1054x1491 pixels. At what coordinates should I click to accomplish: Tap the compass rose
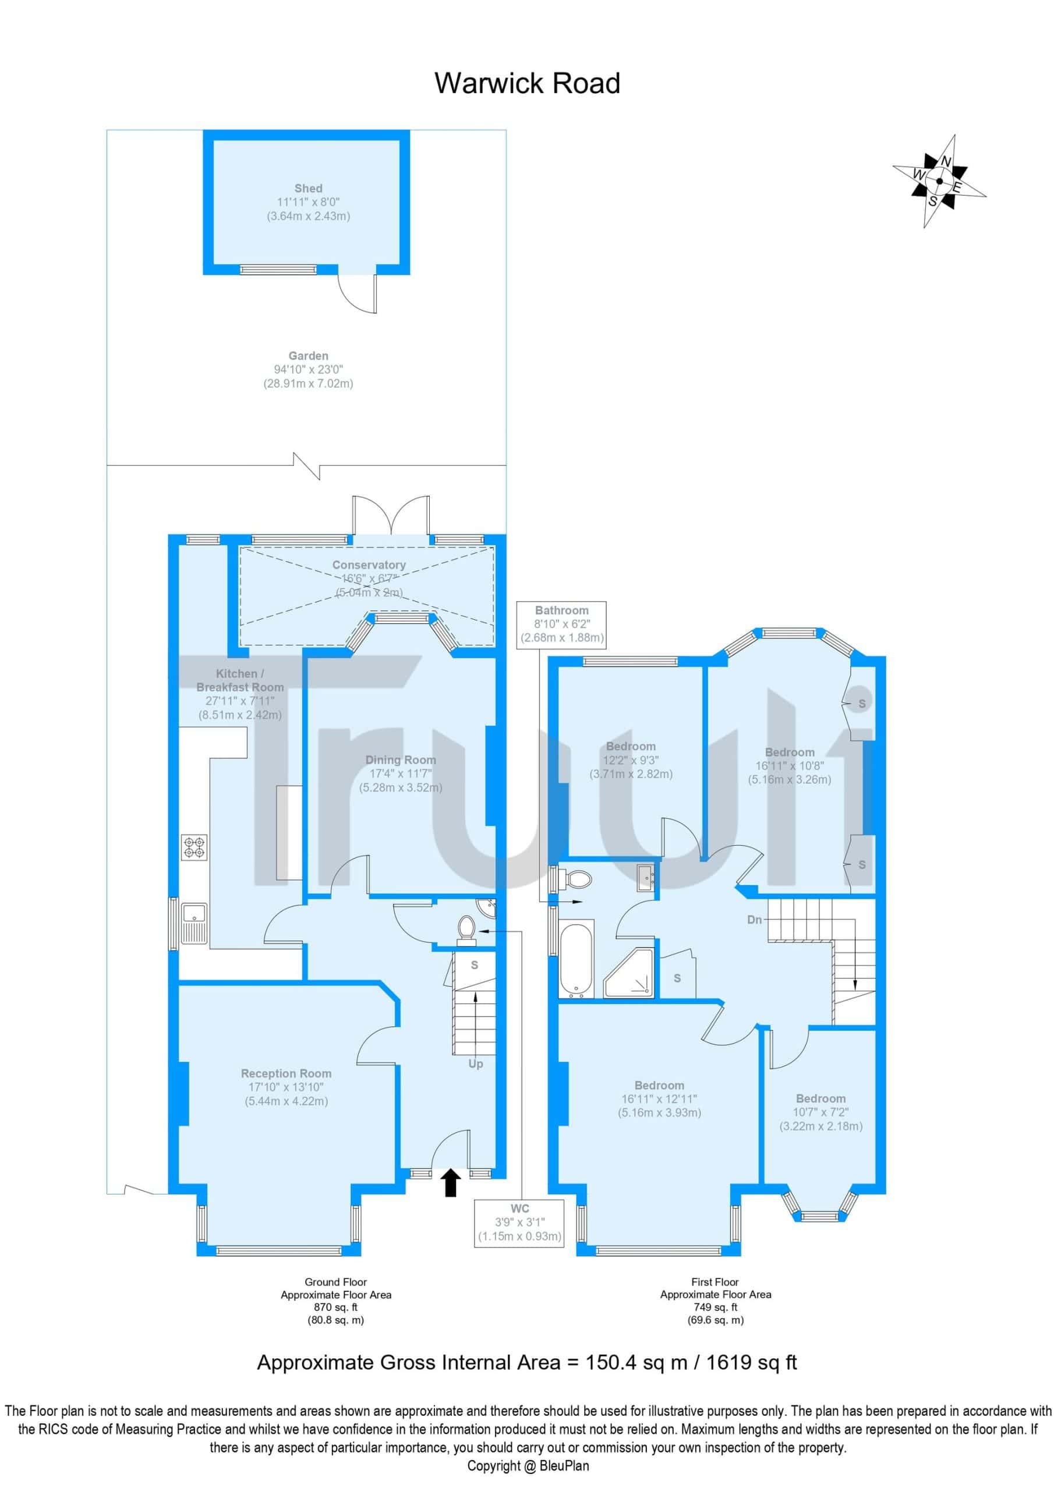point(939,181)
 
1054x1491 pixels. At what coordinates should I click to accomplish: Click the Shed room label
point(309,202)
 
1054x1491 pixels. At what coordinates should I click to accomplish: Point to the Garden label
point(309,369)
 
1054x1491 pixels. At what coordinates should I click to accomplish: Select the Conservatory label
point(369,578)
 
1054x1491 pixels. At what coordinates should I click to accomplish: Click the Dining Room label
point(401,773)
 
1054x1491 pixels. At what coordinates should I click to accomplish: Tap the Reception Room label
point(287,1087)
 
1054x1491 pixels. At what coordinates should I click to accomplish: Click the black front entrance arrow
point(451,1182)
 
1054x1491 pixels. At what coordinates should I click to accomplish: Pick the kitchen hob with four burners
point(194,847)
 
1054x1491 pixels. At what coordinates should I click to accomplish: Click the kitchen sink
point(194,923)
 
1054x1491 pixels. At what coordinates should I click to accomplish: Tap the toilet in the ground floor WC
point(466,928)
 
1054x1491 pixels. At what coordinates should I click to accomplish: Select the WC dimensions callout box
point(519,1224)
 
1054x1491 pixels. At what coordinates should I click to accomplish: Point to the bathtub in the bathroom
point(576,960)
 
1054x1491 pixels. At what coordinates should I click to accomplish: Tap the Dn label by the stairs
point(755,920)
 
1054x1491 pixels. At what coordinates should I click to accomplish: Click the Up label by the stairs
point(476,1064)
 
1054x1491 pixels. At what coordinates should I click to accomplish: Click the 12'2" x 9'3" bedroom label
point(631,760)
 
